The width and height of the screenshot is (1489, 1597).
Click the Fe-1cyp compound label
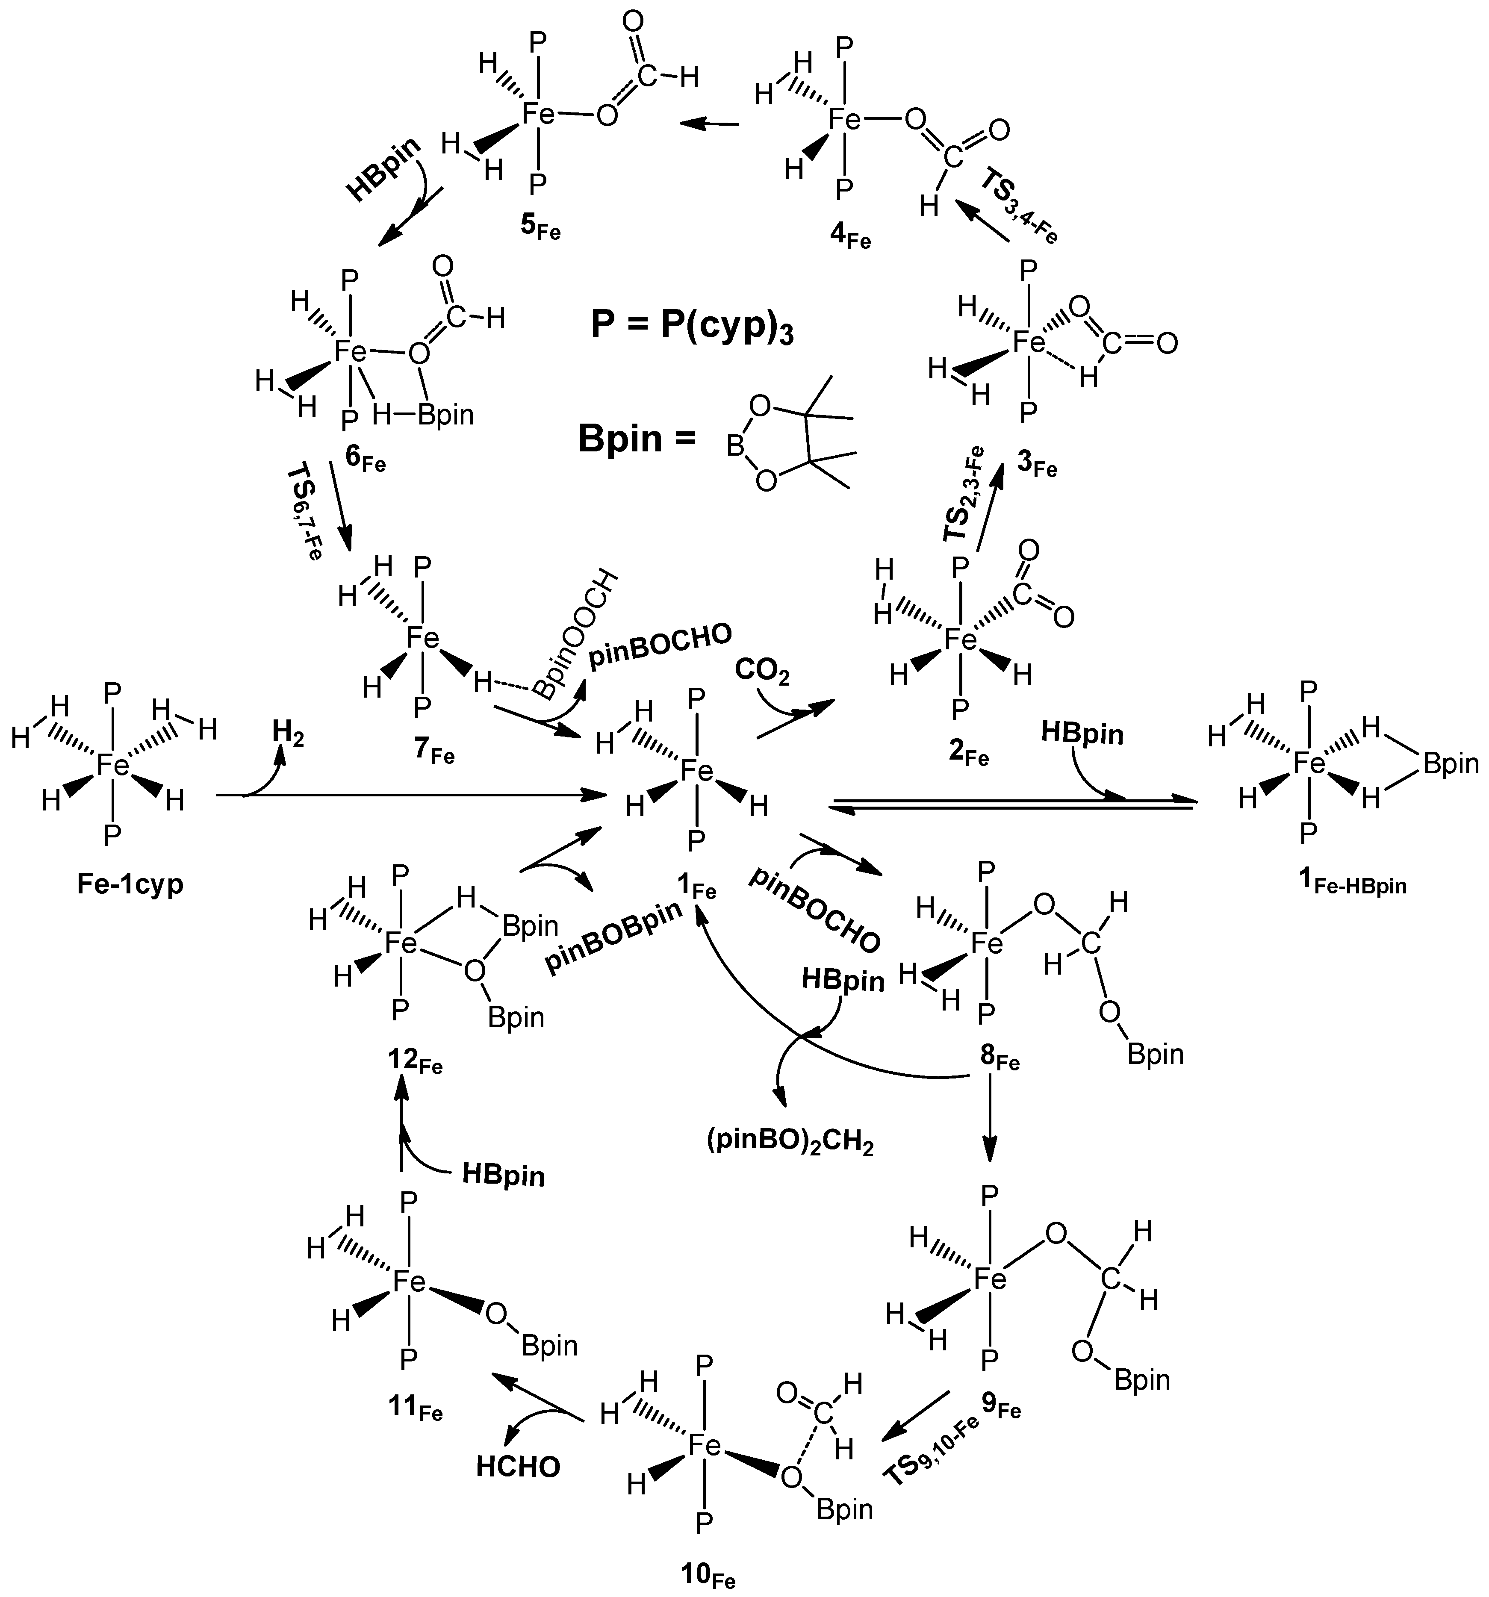pos(130,884)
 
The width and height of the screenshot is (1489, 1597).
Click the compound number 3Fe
pos(1037,466)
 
